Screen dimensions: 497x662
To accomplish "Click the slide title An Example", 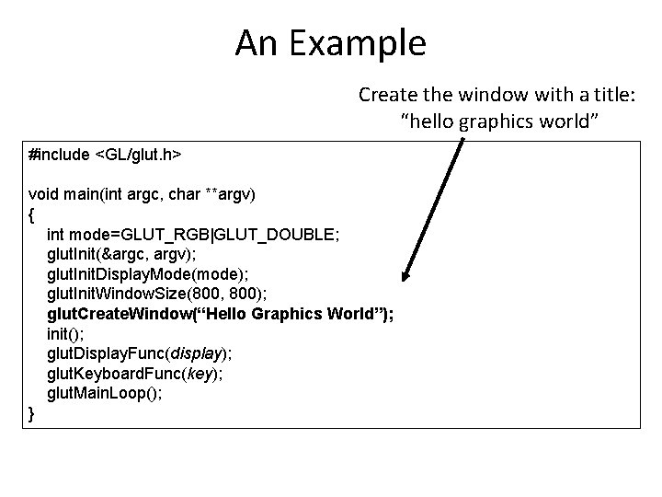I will (x=330, y=42).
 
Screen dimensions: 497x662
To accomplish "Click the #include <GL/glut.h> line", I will (x=105, y=156).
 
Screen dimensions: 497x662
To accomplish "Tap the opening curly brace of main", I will (x=33, y=214).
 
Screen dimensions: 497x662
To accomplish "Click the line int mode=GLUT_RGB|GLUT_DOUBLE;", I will (x=193, y=235).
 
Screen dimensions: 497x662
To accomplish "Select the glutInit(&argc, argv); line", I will (x=119, y=255).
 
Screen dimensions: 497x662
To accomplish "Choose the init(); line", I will (x=64, y=333).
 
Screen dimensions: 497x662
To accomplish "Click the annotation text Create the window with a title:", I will (x=497, y=95).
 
